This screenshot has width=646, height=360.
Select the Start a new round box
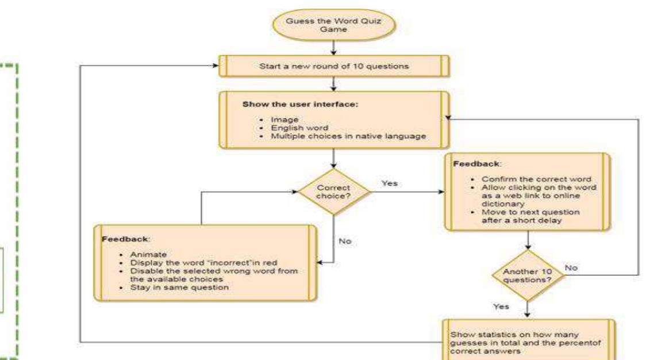click(x=334, y=66)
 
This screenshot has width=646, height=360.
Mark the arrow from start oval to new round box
click(x=334, y=47)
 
